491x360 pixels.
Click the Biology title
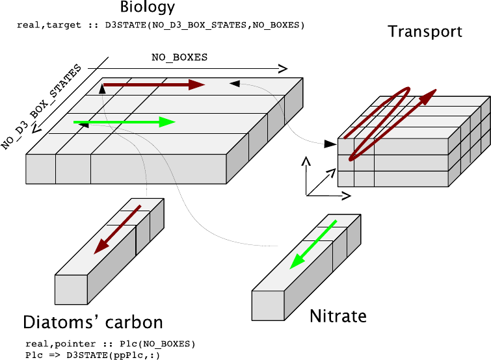[148, 8]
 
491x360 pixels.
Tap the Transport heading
[425, 31]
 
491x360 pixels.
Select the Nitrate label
[338, 316]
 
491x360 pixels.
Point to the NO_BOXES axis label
[179, 57]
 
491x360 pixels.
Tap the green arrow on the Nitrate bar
[313, 244]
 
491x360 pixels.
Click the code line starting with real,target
[161, 25]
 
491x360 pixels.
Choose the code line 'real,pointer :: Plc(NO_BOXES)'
[110, 343]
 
